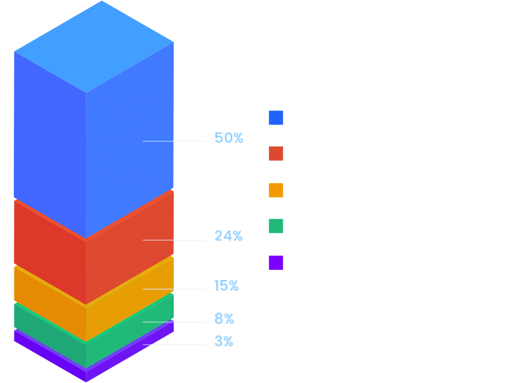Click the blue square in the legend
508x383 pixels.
pos(276,118)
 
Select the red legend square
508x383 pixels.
pos(276,154)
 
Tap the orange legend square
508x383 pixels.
pos(276,190)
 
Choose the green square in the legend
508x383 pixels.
pos(276,226)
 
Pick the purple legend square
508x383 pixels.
pos(276,262)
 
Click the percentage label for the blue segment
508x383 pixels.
pos(228,139)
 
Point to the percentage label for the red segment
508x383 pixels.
pos(228,237)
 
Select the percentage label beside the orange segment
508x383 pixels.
pos(226,286)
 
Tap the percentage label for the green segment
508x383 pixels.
pos(224,319)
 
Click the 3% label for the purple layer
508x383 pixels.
pos(223,342)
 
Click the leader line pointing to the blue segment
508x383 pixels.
pos(175,141)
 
